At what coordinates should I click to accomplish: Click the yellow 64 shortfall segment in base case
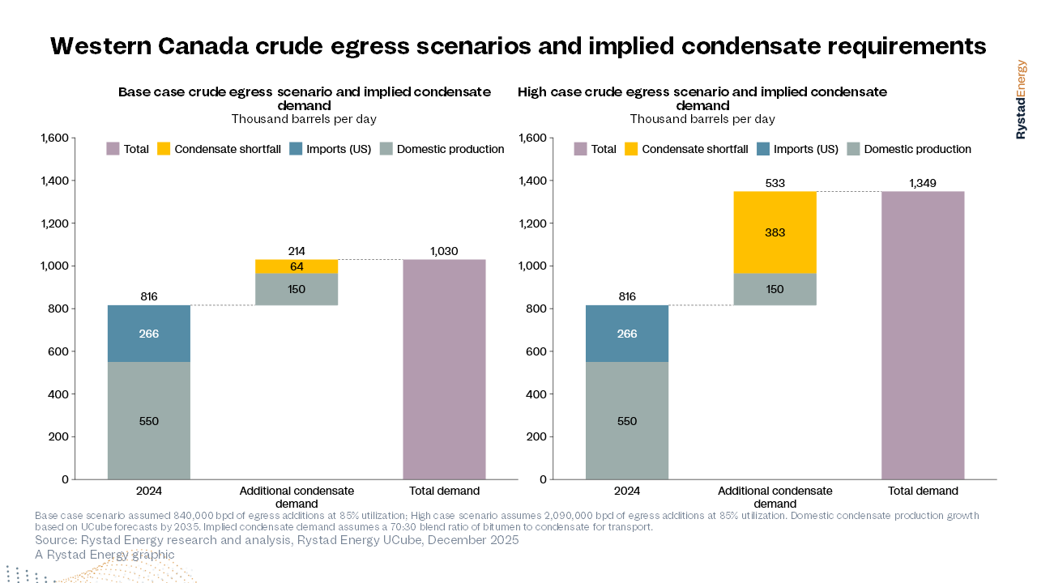[x=297, y=266]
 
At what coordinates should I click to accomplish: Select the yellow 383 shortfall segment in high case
[x=775, y=232]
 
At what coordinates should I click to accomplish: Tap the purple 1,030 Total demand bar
[x=444, y=369]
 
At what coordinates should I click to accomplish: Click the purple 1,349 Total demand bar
[x=923, y=335]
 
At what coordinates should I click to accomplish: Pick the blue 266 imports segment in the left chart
[x=149, y=334]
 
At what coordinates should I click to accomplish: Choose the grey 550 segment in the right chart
[x=627, y=421]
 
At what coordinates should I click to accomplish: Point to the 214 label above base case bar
[x=297, y=251]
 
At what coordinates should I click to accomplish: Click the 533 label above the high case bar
[x=775, y=183]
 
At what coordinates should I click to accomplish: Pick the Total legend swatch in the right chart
[x=581, y=149]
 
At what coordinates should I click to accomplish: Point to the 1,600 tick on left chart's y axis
[x=53, y=138]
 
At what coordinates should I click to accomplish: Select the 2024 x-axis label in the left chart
[x=149, y=491]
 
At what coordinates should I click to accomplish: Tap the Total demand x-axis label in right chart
[x=923, y=491]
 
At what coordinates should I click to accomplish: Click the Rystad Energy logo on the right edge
[x=1021, y=99]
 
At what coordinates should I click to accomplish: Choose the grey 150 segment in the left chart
[x=297, y=289]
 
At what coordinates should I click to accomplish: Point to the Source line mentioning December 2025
[x=276, y=540]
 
